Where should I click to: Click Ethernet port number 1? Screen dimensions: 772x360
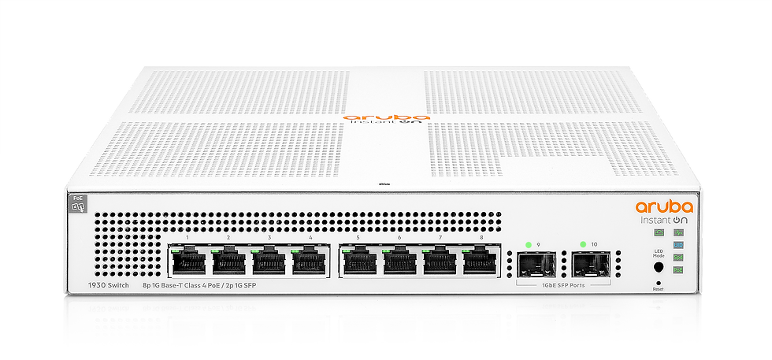tap(188, 261)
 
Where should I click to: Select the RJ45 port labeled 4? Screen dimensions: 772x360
tap(310, 261)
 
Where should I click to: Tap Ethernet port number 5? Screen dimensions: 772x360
tap(358, 261)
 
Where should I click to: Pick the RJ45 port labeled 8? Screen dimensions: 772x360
tap(481, 261)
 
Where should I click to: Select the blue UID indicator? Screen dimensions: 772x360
tap(678, 245)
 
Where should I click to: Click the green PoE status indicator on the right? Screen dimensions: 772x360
tap(678, 271)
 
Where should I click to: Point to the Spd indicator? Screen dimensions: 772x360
tap(678, 258)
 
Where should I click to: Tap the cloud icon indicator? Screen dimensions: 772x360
tap(659, 232)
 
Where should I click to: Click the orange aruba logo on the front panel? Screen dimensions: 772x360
tap(664, 207)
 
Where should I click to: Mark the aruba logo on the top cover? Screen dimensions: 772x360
tap(387, 116)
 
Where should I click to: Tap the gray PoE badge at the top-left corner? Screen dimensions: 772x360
tap(79, 203)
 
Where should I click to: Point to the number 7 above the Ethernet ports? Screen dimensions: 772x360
tap(440, 237)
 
